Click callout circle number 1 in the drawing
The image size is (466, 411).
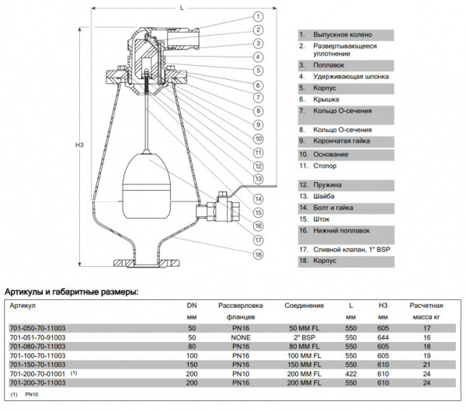pyautogui.click(x=256, y=16)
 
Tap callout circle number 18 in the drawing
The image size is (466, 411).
pyautogui.click(x=256, y=254)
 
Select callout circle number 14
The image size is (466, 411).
pyautogui.click(x=256, y=198)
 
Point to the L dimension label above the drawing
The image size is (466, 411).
pyautogui.click(x=180, y=6)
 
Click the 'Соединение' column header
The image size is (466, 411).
pyautogui.click(x=304, y=306)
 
